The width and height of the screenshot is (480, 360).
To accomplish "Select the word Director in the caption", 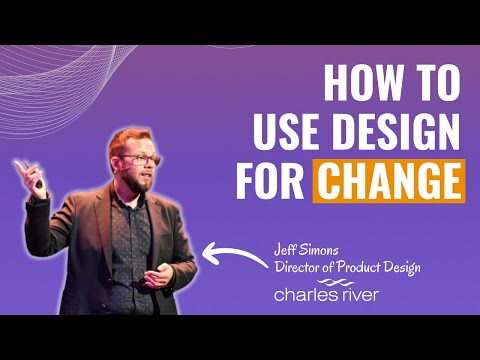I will (x=299, y=266).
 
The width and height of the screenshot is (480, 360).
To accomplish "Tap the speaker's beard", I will (x=144, y=183).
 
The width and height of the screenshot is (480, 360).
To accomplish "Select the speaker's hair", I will (x=128, y=138).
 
